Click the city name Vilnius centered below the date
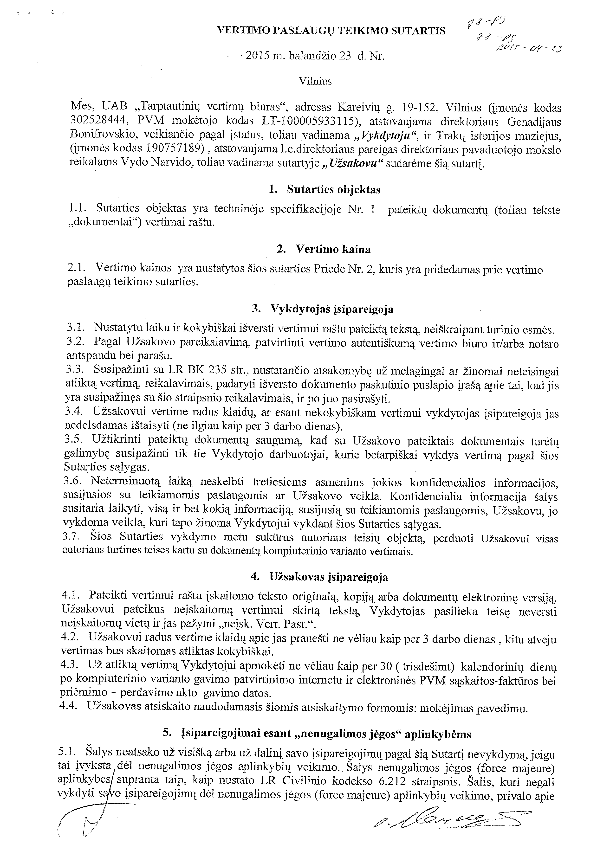(x=315, y=81)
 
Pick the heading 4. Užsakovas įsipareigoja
(x=319, y=577)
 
